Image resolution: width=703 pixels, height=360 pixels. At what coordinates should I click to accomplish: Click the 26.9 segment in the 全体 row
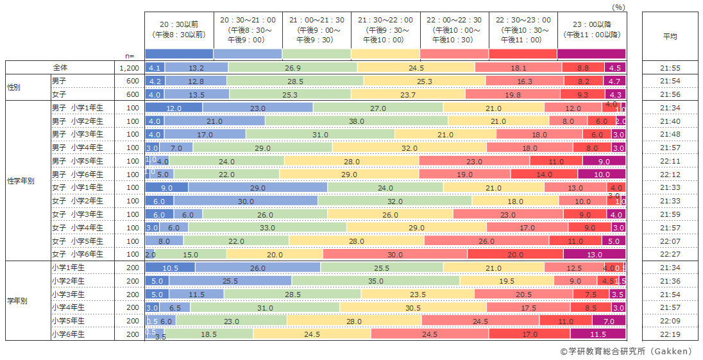292,67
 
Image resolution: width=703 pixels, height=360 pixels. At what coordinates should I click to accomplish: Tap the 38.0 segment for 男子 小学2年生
356,121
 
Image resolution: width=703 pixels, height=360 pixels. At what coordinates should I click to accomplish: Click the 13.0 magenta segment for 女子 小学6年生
602,254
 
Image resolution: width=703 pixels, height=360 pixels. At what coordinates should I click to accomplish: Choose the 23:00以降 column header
591,30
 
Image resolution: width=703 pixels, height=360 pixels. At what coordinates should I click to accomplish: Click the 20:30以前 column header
179,30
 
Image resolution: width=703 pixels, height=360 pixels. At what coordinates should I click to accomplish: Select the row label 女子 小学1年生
78,187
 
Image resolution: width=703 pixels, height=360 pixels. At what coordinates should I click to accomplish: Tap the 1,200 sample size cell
128,67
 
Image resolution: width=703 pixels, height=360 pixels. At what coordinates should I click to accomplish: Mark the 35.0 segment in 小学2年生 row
375,281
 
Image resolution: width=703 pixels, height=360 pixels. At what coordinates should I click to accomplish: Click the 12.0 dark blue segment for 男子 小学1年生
174,108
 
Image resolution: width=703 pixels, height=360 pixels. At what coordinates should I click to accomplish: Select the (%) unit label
618,6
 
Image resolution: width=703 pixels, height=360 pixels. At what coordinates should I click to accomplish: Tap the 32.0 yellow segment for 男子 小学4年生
409,148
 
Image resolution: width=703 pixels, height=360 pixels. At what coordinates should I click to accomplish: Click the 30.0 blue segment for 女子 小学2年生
246,201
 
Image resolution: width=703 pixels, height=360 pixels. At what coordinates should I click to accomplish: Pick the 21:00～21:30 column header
316,30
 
